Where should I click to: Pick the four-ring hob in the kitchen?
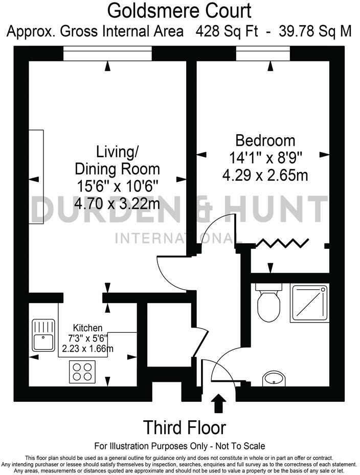coord(82,371)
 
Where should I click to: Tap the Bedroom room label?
coord(265,140)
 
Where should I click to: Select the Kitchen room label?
coord(87,328)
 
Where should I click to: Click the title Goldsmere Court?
coord(179,10)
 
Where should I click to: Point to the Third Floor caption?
coord(184,427)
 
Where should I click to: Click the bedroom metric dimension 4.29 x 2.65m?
coord(265,176)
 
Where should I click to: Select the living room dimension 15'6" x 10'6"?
coord(117,186)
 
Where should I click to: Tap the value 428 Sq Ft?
coord(228,31)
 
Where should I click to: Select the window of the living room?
coord(108,53)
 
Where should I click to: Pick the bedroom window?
coord(263,53)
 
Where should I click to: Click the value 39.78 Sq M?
coord(316,31)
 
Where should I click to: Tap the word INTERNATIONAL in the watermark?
coord(179,238)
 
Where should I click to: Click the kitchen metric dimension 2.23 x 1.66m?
coord(87,349)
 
